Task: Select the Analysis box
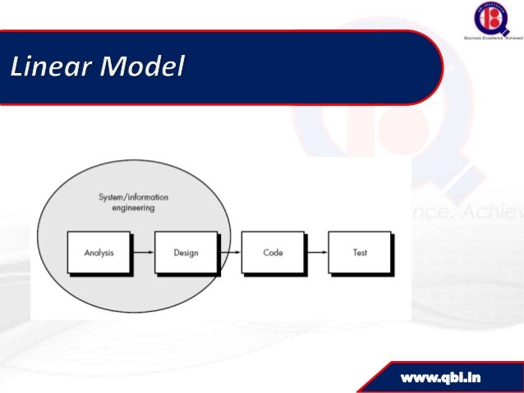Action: [x=99, y=253]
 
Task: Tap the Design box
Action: [x=186, y=253]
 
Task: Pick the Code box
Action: [x=273, y=253]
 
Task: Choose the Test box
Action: [x=360, y=253]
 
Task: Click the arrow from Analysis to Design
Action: [x=142, y=253]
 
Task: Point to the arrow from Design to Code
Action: [x=229, y=253]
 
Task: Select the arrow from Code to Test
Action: [x=316, y=253]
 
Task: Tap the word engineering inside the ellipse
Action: [x=132, y=208]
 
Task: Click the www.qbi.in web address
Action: [x=441, y=377]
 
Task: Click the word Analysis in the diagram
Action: [x=99, y=253]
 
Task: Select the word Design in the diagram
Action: [x=186, y=253]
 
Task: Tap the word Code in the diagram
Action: [x=273, y=253]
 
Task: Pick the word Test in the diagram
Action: [x=360, y=253]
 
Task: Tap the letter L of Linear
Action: [x=19, y=66]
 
